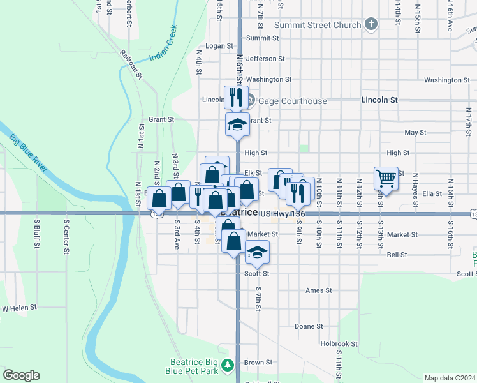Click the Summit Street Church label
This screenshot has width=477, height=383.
312,25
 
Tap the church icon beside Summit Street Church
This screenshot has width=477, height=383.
372,25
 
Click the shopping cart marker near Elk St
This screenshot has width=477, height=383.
386,178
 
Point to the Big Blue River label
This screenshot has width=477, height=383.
28,153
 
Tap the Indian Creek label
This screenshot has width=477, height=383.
162,49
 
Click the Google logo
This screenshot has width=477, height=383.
21,375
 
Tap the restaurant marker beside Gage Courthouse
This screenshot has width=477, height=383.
236,97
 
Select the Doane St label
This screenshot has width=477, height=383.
309,326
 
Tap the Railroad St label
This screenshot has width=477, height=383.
130,63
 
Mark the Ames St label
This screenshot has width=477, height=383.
319,290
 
